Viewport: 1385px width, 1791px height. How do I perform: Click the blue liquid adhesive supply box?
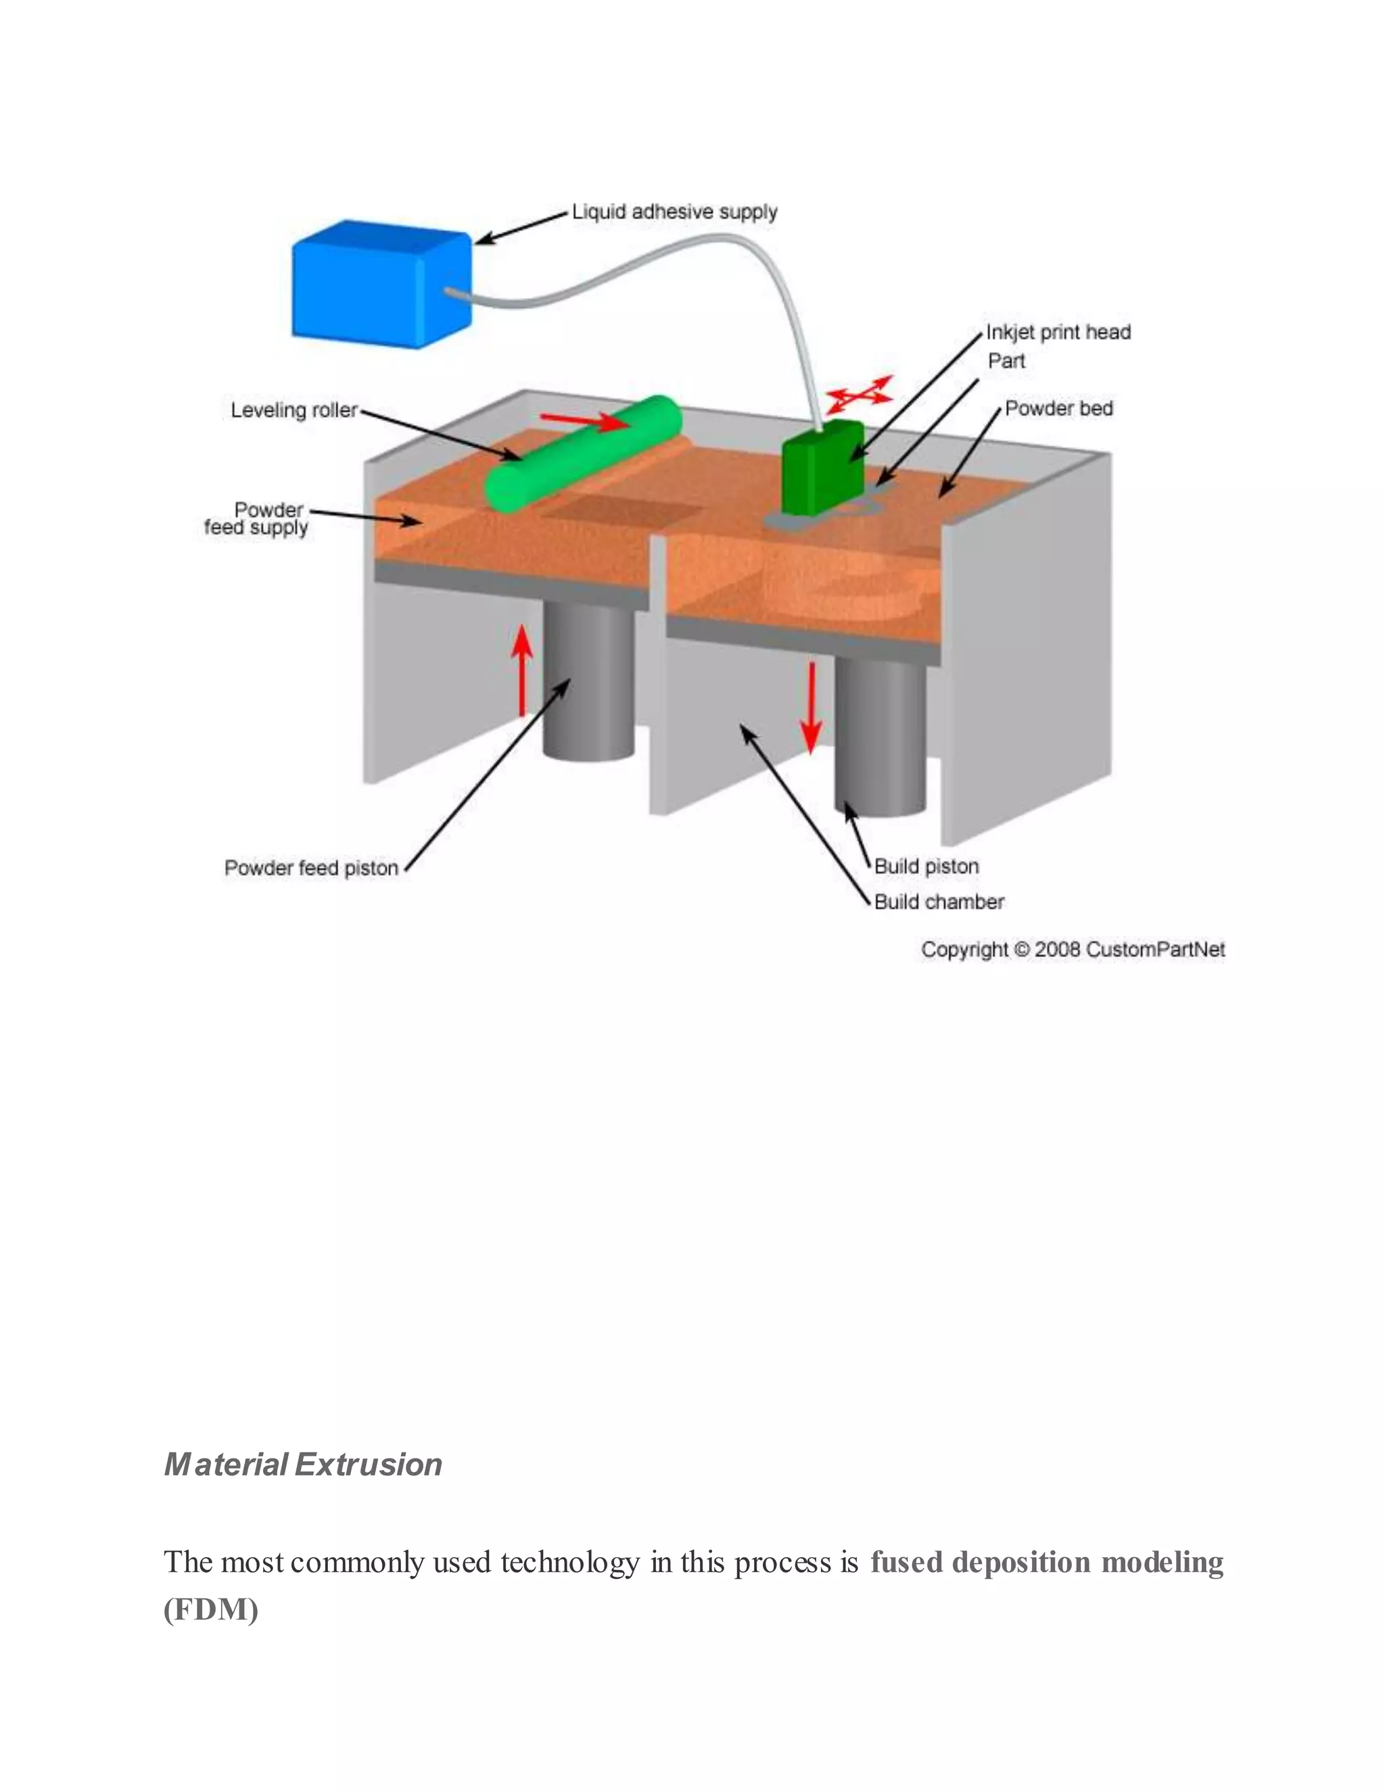pyautogui.click(x=379, y=284)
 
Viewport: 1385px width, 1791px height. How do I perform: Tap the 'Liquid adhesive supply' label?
pyautogui.click(x=674, y=212)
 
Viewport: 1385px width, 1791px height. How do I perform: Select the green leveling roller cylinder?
pyautogui.click(x=584, y=453)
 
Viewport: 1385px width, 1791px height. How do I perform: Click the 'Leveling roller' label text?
pyautogui.click(x=294, y=410)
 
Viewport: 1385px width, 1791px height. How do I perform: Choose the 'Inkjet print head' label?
pyautogui.click(x=1058, y=332)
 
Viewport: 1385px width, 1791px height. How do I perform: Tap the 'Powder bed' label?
pyautogui.click(x=1058, y=408)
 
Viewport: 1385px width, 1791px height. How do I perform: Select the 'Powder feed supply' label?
pyautogui.click(x=256, y=518)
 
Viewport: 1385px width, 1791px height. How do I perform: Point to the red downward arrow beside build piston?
pyautogui.click(x=812, y=707)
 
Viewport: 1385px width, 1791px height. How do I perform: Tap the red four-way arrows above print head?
pyautogui.click(x=859, y=395)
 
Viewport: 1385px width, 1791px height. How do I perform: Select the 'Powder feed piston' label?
pyautogui.click(x=311, y=868)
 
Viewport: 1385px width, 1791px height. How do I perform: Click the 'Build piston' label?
pyautogui.click(x=926, y=866)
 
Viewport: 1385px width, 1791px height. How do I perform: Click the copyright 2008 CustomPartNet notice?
pyautogui.click(x=1073, y=950)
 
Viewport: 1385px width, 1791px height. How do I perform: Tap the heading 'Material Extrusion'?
pyautogui.click(x=303, y=1465)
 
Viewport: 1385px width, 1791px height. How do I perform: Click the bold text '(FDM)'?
pyautogui.click(x=211, y=1609)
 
